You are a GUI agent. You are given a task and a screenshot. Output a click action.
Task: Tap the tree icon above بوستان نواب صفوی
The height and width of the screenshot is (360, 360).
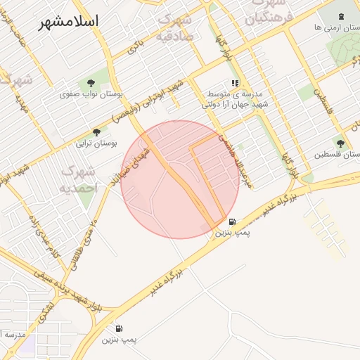click(91, 82)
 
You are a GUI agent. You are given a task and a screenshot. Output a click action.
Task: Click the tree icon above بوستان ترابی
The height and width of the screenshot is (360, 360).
click(97, 131)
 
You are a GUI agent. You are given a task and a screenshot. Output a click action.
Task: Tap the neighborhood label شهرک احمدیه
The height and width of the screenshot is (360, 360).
click(77, 179)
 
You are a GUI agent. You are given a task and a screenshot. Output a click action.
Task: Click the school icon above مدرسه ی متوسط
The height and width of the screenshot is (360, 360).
click(235, 83)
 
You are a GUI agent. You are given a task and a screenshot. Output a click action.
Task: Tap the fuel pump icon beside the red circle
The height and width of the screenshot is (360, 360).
click(232, 221)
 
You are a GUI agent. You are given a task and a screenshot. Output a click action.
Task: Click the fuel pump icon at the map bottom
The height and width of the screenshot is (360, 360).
click(117, 328)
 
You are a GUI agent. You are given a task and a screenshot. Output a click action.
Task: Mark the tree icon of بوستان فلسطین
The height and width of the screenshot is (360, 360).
click(340, 143)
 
